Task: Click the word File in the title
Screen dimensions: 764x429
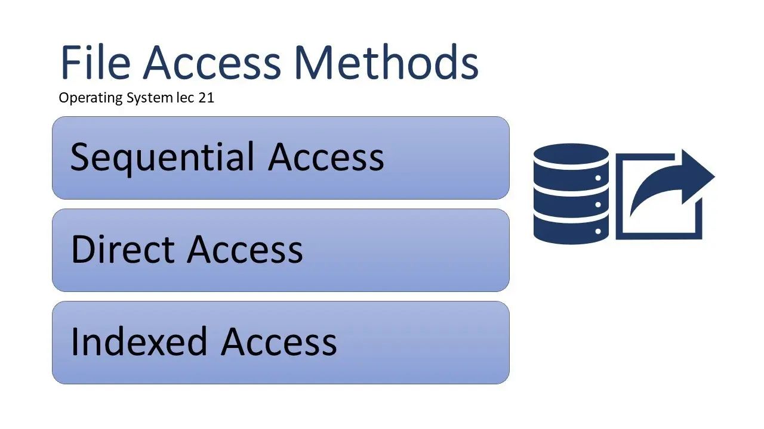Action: pos(95,62)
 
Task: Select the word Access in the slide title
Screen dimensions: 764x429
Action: pos(212,62)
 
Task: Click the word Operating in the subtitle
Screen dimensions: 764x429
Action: pos(91,98)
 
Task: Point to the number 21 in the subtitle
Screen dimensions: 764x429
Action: pos(207,98)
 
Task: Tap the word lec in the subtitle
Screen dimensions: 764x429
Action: pos(185,98)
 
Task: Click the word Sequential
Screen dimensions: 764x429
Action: pos(162,157)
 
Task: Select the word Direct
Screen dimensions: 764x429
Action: pos(123,249)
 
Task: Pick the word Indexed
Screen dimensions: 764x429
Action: pos(139,341)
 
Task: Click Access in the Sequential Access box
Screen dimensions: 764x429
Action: pos(326,157)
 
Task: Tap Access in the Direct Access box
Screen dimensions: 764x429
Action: pos(245,250)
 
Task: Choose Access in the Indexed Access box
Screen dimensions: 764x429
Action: pos(279,341)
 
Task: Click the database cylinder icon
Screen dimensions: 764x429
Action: pos(571,194)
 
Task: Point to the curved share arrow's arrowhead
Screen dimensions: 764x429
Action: pos(698,176)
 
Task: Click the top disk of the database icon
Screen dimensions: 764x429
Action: pos(571,154)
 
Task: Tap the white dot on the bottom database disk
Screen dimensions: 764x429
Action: pos(598,231)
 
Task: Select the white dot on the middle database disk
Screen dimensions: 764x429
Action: pos(598,204)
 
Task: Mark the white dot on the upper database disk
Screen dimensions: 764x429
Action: pos(598,178)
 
